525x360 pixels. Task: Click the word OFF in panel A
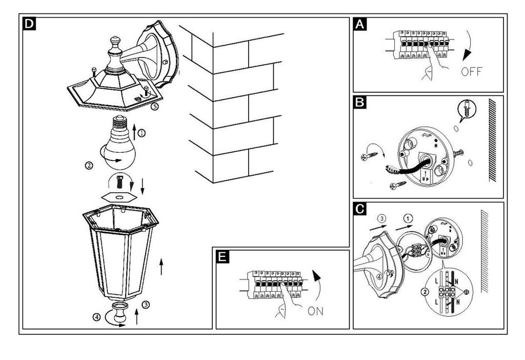(x=471, y=71)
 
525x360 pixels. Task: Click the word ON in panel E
(x=316, y=311)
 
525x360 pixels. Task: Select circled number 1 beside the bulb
(x=142, y=132)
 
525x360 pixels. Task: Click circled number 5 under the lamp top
(x=154, y=107)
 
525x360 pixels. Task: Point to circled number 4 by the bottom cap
(x=97, y=316)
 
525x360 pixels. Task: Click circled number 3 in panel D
(x=146, y=305)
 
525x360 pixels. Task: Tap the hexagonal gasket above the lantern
(x=118, y=196)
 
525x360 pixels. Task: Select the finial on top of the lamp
(x=114, y=44)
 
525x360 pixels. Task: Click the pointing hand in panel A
(x=431, y=67)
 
